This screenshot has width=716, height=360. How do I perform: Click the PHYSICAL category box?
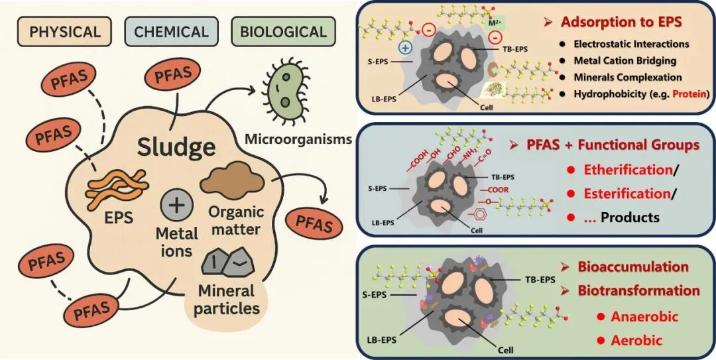point(64,32)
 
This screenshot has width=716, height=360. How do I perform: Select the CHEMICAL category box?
point(171,32)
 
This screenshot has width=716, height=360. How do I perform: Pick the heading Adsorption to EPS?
point(621,22)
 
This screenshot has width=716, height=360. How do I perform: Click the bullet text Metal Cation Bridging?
point(625,61)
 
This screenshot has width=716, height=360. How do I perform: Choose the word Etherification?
point(628,170)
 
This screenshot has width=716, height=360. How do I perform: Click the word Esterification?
point(626,194)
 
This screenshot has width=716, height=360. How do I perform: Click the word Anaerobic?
point(645,316)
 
